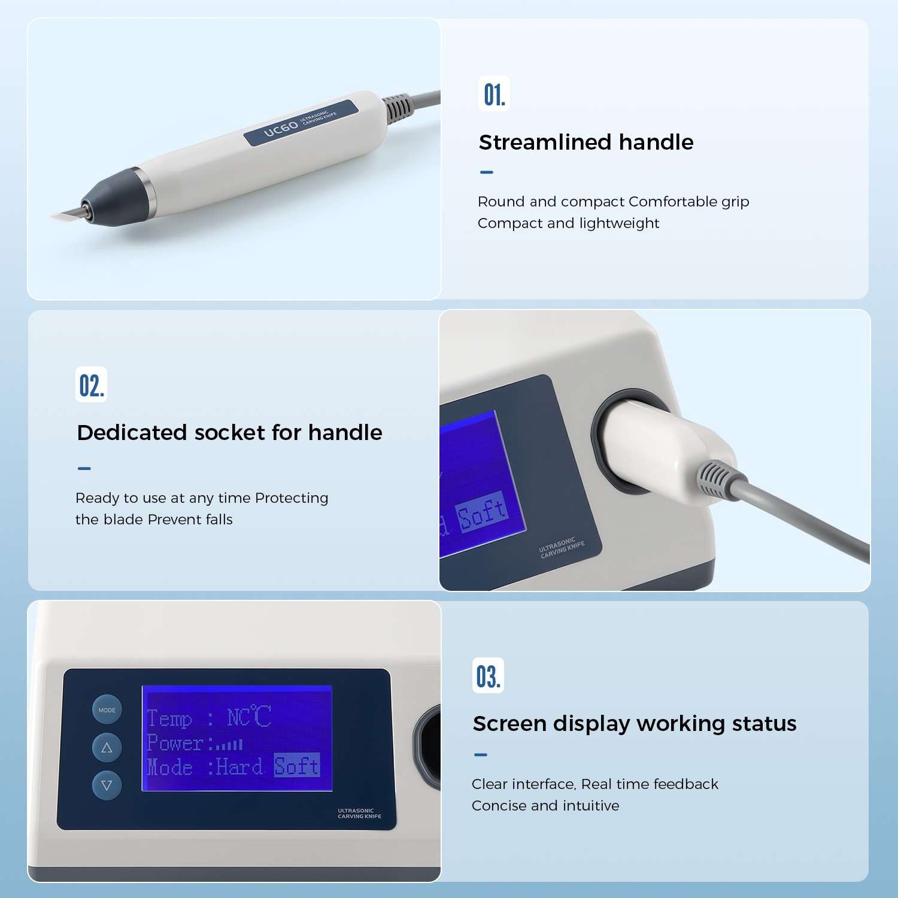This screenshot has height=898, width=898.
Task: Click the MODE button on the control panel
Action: tap(107, 710)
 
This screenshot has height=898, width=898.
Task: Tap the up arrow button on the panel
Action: tap(107, 748)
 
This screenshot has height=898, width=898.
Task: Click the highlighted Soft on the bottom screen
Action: tap(297, 766)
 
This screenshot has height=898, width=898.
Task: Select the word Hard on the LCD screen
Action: tap(239, 766)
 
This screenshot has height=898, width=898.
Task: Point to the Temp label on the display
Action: tap(169, 718)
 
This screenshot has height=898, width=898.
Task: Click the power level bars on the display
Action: tap(229, 745)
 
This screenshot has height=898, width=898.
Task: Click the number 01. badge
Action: tap(494, 94)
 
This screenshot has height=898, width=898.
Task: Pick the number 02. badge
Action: tap(92, 385)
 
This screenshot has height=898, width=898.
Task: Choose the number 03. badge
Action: tap(488, 676)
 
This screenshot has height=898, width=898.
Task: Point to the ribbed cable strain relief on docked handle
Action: tap(715, 478)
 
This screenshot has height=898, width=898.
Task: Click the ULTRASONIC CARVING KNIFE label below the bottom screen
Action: tap(359, 814)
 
